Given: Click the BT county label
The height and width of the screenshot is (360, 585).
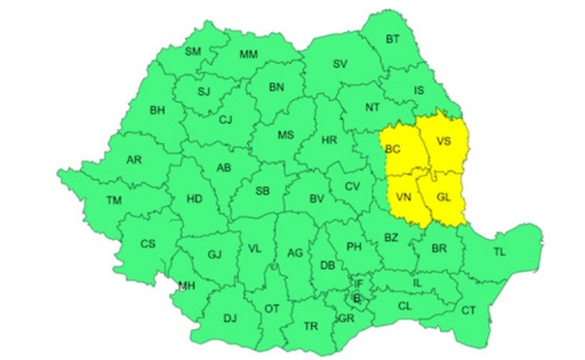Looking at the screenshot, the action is (392, 40).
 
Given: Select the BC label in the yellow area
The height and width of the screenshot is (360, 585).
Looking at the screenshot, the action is (392, 149).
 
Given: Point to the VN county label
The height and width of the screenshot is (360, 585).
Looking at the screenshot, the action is (405, 198).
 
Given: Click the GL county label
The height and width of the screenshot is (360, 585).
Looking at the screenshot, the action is (444, 198).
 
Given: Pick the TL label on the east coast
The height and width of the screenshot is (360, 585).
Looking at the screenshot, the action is (500, 252).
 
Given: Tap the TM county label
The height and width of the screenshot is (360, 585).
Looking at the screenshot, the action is (114, 200).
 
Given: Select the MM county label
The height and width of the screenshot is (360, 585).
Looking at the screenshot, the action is (249, 53).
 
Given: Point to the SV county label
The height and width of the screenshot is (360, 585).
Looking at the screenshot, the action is (340, 64).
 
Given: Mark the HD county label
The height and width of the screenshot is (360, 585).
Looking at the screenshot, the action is (194, 198).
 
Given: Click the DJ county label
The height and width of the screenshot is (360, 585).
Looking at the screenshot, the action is (230, 317).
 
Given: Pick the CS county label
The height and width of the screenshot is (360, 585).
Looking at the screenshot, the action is (147, 244).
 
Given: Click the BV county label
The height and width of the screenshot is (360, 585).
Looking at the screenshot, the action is (315, 198).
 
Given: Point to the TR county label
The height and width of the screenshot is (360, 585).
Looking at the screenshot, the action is (311, 326).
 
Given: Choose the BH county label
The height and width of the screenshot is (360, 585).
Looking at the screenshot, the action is (157, 110).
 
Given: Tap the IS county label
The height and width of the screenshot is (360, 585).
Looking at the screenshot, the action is (419, 91).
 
